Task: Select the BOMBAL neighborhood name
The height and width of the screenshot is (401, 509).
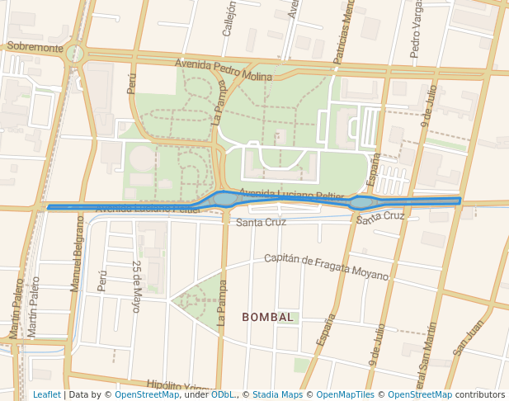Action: click(x=267, y=317)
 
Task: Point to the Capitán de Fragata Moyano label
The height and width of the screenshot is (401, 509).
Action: click(x=326, y=265)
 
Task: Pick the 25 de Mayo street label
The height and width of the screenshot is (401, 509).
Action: click(x=137, y=286)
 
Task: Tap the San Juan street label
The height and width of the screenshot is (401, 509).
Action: click(x=469, y=337)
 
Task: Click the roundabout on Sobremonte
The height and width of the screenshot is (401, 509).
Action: click(x=76, y=54)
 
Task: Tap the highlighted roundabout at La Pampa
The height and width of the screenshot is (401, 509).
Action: click(x=224, y=199)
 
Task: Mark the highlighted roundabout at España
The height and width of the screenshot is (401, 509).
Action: click(x=361, y=202)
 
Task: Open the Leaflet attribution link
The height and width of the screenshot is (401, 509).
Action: click(x=46, y=394)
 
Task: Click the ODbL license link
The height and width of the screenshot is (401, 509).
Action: click(x=222, y=394)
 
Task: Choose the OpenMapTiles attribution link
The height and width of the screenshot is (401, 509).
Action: click(x=345, y=394)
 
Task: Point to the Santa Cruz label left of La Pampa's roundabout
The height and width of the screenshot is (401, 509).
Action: click(x=261, y=222)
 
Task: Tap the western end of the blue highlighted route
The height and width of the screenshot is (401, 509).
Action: click(x=49, y=207)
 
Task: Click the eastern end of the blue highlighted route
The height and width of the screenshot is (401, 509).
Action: click(x=459, y=200)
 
